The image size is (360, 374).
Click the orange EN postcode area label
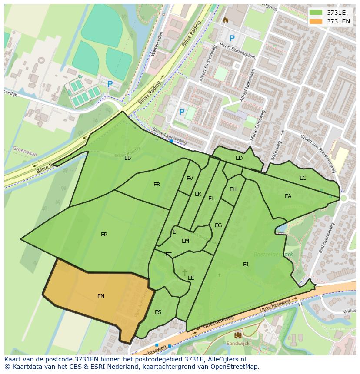pyautogui.click(x=101, y=296)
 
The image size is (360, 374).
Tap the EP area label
pyautogui.click(x=104, y=235)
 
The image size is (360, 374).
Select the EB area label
pyautogui.click(x=127, y=158)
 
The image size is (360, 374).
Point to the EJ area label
pyautogui.click(x=246, y=264)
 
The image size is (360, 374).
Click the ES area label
pyautogui.click(x=158, y=312)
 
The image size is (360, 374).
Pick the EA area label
pyautogui.click(x=288, y=196)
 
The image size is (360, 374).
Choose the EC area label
pyautogui.click(x=303, y=178)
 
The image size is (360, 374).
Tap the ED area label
pyautogui.click(x=239, y=158)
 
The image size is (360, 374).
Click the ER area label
pyautogui.click(x=157, y=185)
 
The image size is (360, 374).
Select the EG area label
pyautogui.click(x=218, y=225)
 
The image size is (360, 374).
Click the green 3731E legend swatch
pyautogui.click(x=316, y=13)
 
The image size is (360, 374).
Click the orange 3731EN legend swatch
pyautogui.click(x=316, y=21)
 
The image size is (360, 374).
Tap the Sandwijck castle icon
pyautogui.click(x=238, y=335)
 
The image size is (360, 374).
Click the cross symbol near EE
pyautogui.click(x=185, y=272)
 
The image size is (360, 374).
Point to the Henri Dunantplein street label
pyautogui.click(x=237, y=51)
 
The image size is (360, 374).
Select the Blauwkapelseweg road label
pyautogui.click(x=170, y=136)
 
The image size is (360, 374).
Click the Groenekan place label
pyautogui.click(x=25, y=151)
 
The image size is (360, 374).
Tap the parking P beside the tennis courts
pyautogui.click(x=110, y=84)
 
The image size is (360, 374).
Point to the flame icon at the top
pyautogui.click(x=225, y=20)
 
